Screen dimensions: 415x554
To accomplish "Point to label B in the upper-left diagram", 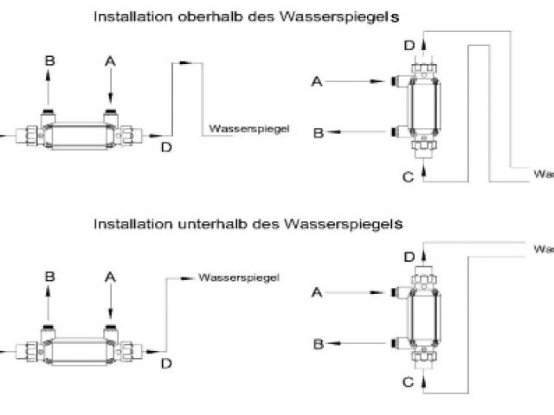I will tap(49, 61).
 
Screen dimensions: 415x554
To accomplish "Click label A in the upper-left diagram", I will tap(110, 61).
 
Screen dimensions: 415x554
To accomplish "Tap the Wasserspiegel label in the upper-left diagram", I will tap(248, 131).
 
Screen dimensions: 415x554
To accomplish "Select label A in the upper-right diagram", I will tap(317, 81).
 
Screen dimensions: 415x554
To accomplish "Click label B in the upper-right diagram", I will tap(318, 132).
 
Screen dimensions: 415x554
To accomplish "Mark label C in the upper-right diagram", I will tap(408, 177).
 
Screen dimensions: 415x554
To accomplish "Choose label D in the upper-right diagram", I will tap(409, 45).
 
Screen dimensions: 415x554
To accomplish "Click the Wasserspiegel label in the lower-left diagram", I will tap(239, 278).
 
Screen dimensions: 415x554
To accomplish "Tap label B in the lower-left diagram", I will tap(49, 277).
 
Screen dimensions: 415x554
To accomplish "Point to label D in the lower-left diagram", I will tap(166, 363).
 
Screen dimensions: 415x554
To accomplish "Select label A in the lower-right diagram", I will tap(317, 292).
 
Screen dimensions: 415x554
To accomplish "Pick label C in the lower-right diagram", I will tap(408, 381).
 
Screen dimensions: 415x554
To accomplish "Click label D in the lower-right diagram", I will tap(409, 257).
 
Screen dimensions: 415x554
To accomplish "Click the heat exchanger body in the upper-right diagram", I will tap(424, 105).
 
